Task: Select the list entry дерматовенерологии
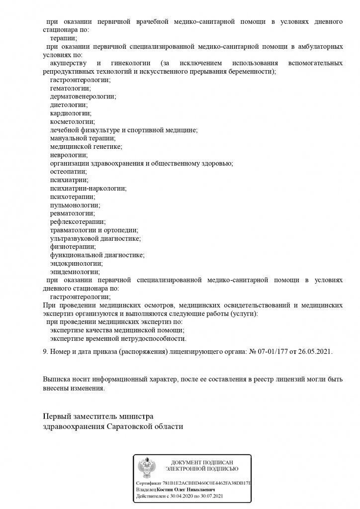[x=82, y=97]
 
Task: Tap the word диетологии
[x=69, y=105]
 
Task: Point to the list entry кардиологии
[x=70, y=113]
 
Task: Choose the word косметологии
[x=72, y=121]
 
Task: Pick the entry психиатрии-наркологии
[x=88, y=189]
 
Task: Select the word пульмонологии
[x=75, y=205]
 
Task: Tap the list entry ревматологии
[x=72, y=213]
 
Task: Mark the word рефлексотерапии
[x=78, y=222]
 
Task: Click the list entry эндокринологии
[x=76, y=263]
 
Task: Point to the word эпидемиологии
[x=75, y=272]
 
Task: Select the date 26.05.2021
[x=315, y=352]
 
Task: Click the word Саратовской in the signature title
[x=130, y=427]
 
